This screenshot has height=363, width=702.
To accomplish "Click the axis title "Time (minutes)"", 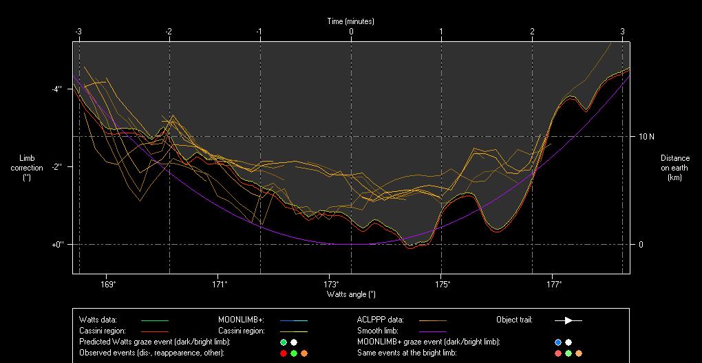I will point(351,21).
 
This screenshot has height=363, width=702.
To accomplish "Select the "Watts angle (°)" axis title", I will point(351,294).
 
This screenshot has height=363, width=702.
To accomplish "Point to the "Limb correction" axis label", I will point(27,168).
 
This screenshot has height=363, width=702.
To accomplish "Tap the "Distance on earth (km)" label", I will point(674,168).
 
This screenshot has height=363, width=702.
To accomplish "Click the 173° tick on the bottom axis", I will point(331,283).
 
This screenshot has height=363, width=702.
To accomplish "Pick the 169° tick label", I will point(108,283).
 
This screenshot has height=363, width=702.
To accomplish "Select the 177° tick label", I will point(554,283).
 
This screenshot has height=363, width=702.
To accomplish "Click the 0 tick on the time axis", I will point(351,32).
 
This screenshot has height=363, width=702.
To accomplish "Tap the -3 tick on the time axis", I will point(78,32).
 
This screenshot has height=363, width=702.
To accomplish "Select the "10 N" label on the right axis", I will point(646,137).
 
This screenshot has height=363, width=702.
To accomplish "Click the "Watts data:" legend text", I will point(98,320).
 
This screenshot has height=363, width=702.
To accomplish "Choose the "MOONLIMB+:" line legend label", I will point(237,320).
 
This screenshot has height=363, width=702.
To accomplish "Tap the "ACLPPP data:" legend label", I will point(381,320).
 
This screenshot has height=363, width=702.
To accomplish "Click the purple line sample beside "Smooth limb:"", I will point(432,331).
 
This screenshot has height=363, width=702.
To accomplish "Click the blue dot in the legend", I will point(558,342).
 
